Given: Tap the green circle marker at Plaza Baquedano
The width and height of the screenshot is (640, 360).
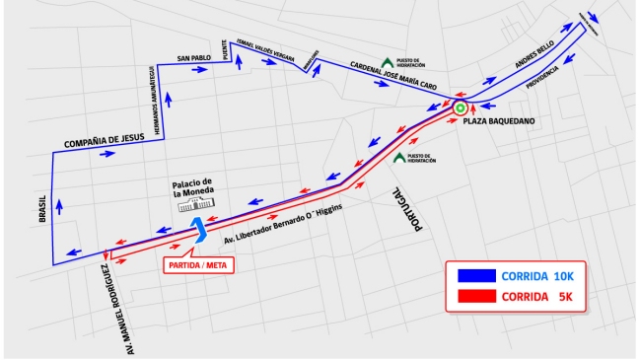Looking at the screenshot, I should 460,107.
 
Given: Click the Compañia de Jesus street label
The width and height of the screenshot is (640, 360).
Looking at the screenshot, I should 105,144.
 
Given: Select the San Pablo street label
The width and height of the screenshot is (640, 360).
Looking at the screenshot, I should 194,59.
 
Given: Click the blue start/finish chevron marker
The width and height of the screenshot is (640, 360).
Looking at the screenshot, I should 201,230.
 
